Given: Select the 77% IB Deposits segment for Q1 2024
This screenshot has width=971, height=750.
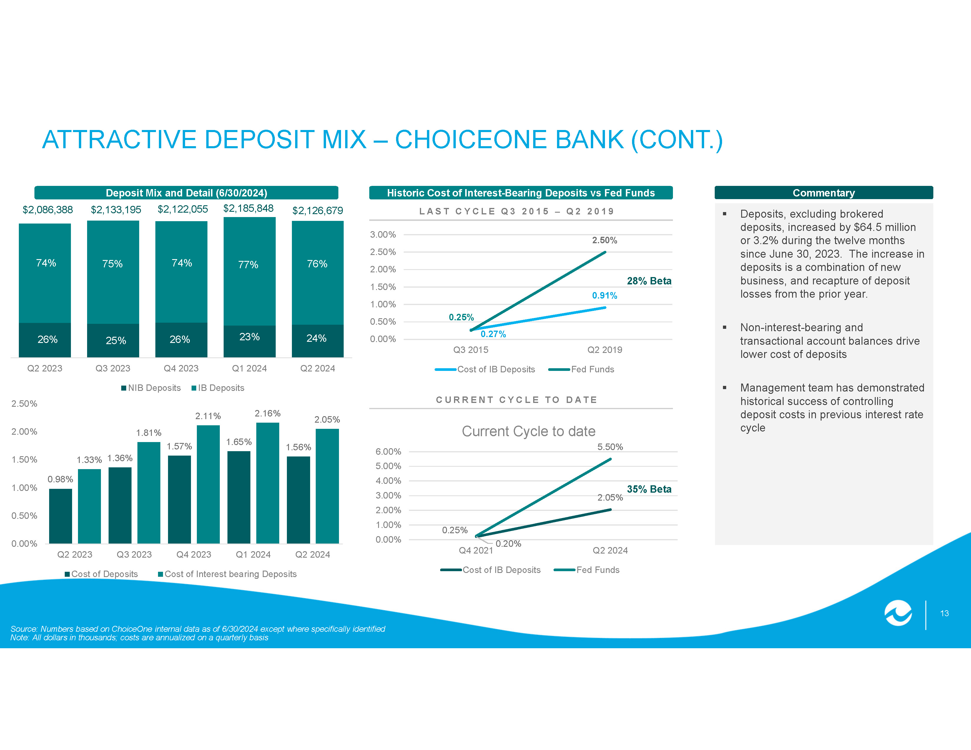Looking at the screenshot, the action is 250,271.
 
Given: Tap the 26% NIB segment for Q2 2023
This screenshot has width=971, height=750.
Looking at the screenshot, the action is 45,340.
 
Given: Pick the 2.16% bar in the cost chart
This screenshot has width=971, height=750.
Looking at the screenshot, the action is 268,483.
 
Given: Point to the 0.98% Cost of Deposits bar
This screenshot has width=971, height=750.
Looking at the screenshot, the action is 60,516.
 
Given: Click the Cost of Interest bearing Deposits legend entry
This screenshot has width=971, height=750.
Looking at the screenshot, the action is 227,574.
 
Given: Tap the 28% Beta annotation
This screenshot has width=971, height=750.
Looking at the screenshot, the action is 649,281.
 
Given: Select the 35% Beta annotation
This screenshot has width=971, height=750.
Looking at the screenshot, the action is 649,489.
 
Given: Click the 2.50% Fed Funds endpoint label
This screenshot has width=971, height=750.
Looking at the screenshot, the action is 605,240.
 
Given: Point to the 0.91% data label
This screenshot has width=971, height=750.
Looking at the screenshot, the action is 605,296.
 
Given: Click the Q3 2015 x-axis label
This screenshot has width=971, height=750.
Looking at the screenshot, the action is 471,350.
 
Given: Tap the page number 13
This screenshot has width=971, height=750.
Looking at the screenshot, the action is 944,614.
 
